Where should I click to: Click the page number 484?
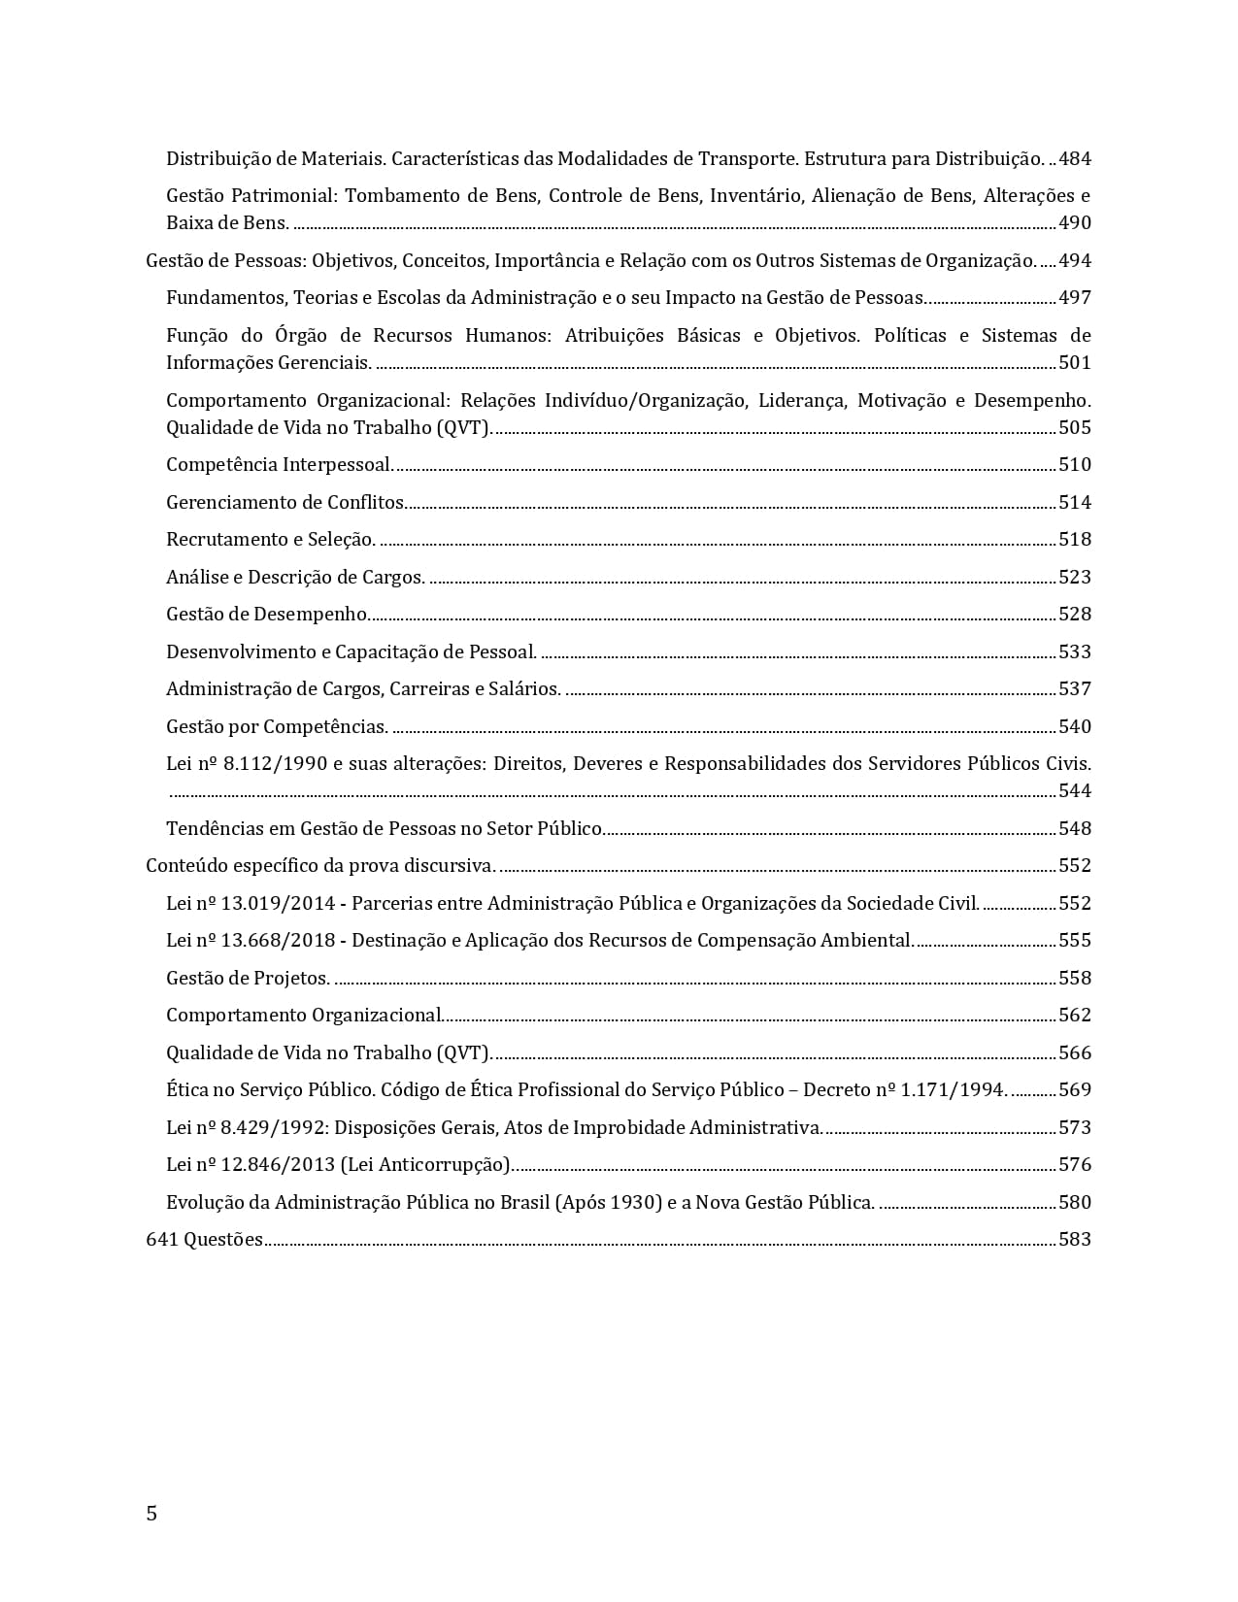[x=1075, y=158]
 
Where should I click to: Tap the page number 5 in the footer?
[x=151, y=1513]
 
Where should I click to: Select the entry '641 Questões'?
[x=204, y=1239]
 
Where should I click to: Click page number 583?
[x=1075, y=1239]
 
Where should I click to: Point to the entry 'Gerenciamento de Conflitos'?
[x=285, y=502]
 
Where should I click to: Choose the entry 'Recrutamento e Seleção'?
[x=270, y=539]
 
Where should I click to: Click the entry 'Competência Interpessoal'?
[x=279, y=464]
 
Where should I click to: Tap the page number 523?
[x=1075, y=577]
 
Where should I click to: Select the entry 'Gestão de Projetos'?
[x=248, y=978]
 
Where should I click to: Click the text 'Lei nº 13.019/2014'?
[x=251, y=903]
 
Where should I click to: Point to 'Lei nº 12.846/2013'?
[x=251, y=1164]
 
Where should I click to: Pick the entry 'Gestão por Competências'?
[x=277, y=726]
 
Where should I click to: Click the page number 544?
[x=1075, y=790]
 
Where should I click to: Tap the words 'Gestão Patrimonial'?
[x=251, y=195]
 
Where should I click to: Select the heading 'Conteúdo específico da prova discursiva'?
[x=320, y=865]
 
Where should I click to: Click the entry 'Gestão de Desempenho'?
[x=267, y=614]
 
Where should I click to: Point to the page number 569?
[x=1075, y=1089]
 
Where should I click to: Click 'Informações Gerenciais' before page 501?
[x=268, y=362]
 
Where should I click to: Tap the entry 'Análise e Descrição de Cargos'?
[x=295, y=577]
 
